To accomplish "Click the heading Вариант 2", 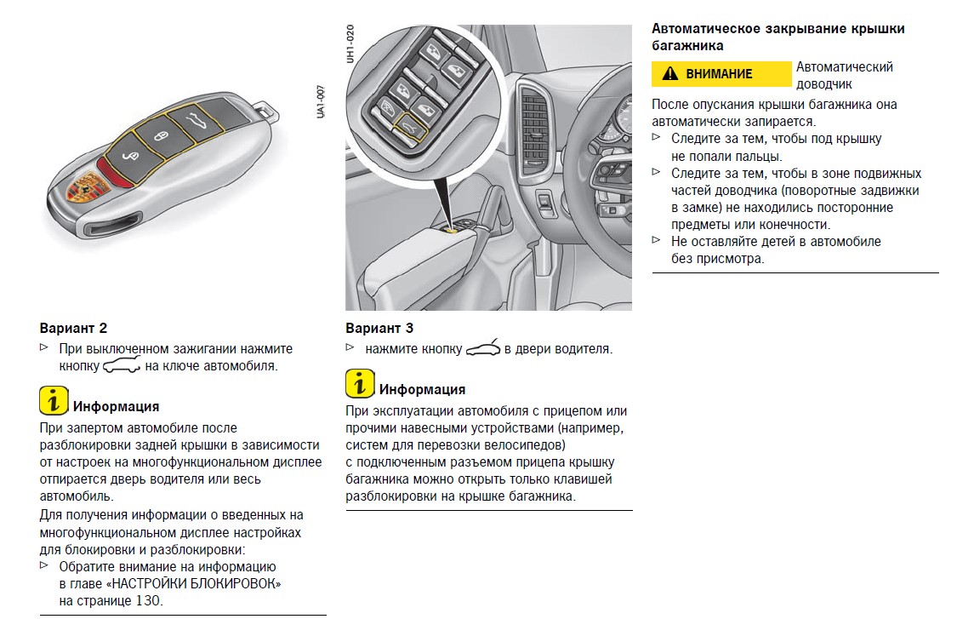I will (73, 328).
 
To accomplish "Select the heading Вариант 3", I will (379, 328).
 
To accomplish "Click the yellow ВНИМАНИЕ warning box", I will (721, 74).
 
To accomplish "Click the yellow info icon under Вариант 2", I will (54, 400).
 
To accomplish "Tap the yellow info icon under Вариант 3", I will (360, 384).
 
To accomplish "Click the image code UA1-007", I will (322, 101).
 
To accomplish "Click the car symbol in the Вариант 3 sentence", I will (483, 347).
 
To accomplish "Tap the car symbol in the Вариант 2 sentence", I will (120, 366).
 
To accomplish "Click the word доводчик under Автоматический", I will (823, 84).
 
